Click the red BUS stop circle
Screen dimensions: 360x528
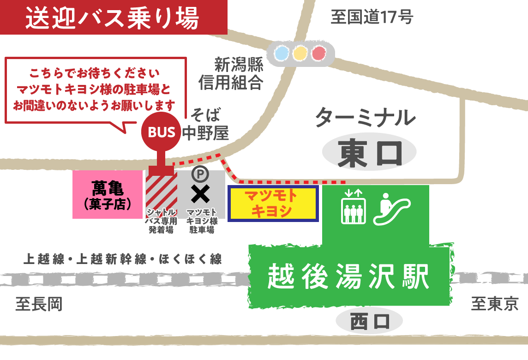[x=162, y=132]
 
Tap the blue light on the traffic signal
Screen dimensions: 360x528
[x=281, y=54]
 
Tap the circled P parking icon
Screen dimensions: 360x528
[x=200, y=174]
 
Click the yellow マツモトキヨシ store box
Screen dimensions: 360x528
[x=273, y=204]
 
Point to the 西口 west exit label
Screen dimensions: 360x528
[x=369, y=321]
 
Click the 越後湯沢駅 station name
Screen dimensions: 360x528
[x=349, y=276]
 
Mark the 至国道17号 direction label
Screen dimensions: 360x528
[x=372, y=18]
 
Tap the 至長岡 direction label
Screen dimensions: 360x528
[x=39, y=304]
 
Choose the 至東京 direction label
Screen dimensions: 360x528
[x=494, y=304]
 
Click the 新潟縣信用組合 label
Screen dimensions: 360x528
[x=231, y=73]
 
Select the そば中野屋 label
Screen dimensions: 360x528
[x=206, y=124]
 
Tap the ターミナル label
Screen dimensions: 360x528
[x=365, y=117]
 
